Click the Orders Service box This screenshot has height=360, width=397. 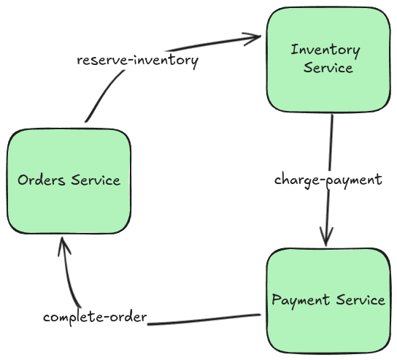point(69,180)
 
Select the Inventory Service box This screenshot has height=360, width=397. point(326,59)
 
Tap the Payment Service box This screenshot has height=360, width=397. point(327,300)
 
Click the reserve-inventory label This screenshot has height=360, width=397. point(138,60)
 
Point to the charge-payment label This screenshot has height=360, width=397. point(328,180)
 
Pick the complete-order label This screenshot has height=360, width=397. point(95,318)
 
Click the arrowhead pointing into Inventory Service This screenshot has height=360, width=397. point(255,36)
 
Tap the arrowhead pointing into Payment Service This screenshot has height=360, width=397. point(326,240)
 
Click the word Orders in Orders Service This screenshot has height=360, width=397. point(42,180)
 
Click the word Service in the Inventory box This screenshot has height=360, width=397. point(328,68)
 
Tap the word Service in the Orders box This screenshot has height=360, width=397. point(96,180)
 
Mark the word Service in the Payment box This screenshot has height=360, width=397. point(359,300)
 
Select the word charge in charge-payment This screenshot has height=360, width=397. point(295,180)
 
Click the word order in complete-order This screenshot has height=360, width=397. point(129,318)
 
